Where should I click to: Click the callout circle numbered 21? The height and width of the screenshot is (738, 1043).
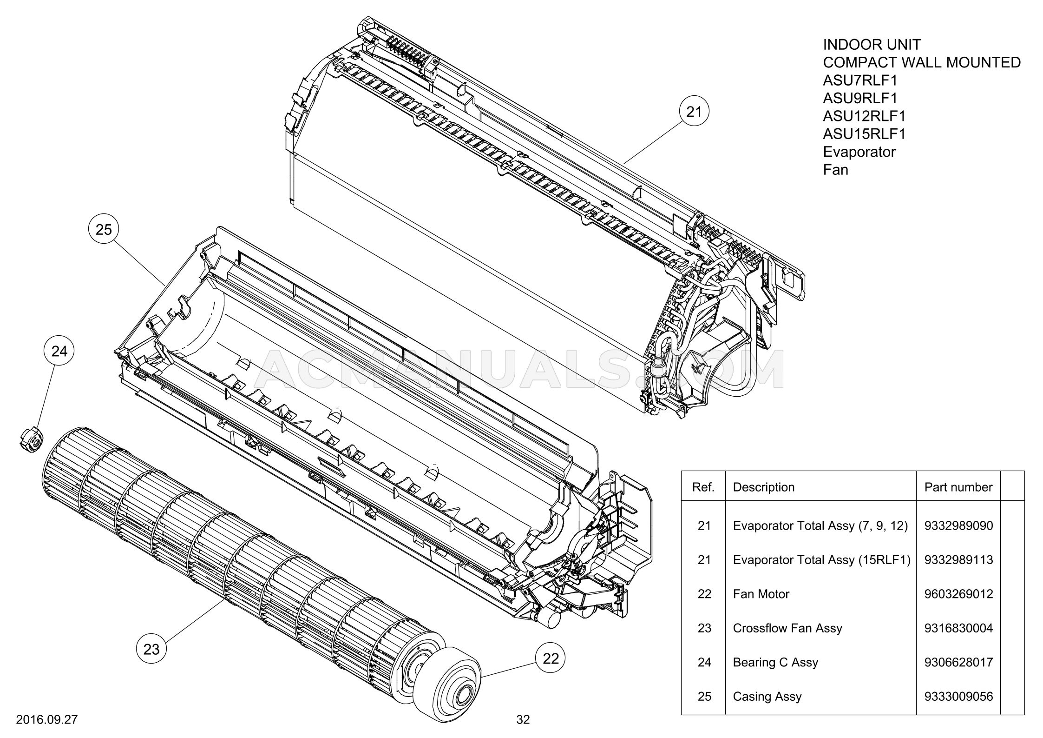coord(693,112)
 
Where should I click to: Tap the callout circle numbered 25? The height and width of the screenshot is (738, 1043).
coord(104,229)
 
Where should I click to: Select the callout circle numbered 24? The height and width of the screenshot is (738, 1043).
coord(59,351)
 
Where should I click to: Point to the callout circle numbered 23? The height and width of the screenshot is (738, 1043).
coord(151,649)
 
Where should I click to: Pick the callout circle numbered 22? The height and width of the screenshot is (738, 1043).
coord(551,658)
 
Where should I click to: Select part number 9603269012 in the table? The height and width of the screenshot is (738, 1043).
coord(958,594)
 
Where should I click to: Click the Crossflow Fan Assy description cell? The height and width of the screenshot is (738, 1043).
coord(787,628)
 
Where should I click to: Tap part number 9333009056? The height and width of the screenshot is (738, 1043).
coord(958,696)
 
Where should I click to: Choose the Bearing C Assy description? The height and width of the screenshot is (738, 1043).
coord(775,662)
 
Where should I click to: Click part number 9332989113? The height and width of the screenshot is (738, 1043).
coord(958,560)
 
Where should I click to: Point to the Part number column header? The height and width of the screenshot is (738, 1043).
coord(958,487)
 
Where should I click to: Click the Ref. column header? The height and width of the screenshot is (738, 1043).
coord(703,487)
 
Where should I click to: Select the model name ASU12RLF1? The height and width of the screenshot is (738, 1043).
coord(864,116)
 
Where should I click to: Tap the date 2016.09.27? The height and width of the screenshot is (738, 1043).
coord(46,719)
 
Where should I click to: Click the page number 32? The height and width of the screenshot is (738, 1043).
coord(523,719)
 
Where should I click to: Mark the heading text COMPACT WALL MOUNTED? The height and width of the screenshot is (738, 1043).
coord(922,62)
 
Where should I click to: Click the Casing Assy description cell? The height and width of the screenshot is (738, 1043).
coord(767,696)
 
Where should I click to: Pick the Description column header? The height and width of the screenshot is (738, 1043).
coord(763,487)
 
